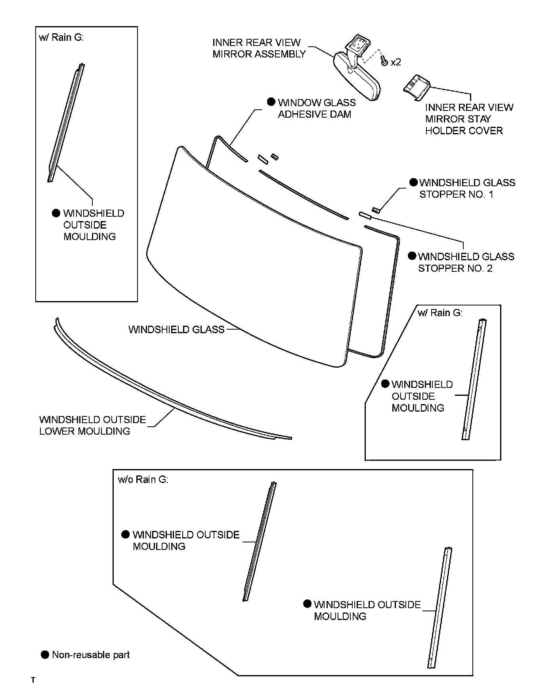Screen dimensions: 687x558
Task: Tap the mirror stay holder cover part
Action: pos(416,87)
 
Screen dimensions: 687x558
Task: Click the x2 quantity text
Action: pos(396,62)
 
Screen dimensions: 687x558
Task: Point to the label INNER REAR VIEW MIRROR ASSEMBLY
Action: pos(259,48)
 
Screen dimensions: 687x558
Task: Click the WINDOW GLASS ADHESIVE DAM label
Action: pos(317,109)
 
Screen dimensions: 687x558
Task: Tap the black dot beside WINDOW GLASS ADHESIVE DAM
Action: pos(271,102)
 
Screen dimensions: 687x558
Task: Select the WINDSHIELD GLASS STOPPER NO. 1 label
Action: pos(467,189)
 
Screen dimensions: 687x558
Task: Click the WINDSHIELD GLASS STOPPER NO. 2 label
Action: pos(466,262)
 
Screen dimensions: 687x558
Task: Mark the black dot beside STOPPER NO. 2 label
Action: pos(412,256)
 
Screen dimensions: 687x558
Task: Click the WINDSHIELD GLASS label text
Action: pos(176,330)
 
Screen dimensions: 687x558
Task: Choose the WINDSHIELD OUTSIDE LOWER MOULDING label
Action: pos(92,426)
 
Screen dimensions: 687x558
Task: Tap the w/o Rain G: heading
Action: pos(143,480)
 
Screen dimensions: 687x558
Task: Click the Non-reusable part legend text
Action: pos(91,655)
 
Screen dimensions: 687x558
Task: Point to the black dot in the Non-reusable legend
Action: pos(45,655)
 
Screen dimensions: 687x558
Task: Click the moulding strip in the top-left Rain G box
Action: pos(66,123)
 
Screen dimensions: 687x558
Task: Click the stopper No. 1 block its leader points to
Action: pos(376,210)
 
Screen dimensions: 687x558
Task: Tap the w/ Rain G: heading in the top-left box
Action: pos(61,38)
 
